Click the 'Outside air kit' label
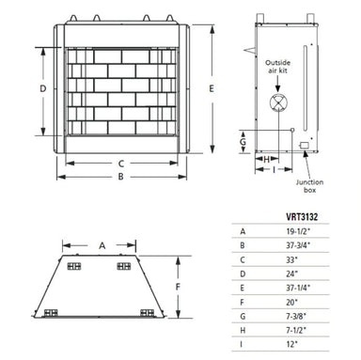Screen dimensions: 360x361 283,69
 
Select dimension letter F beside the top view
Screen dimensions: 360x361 179,286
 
